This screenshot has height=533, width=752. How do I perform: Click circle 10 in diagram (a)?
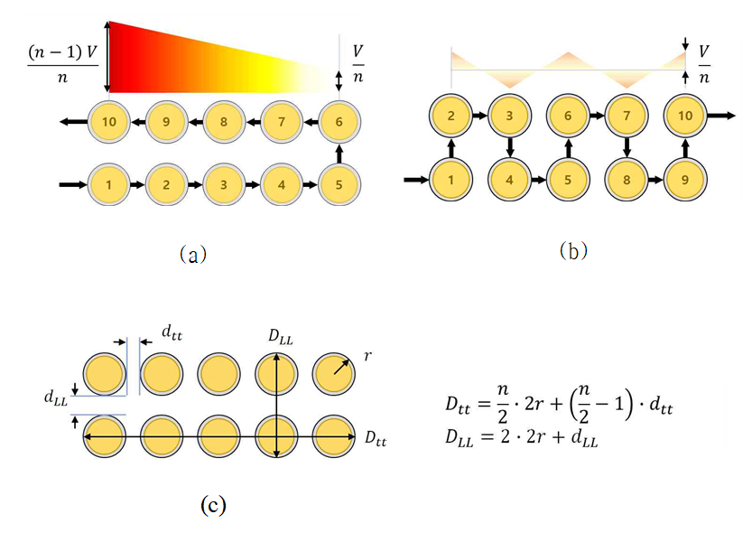pyautogui.click(x=109, y=122)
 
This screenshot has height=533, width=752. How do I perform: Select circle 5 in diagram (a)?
pyautogui.click(x=339, y=184)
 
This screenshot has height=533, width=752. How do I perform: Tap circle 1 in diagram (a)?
pyautogui.click(x=109, y=184)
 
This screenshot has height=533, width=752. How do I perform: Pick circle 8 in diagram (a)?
pyautogui.click(x=224, y=122)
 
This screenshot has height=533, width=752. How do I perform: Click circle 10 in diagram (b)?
pyautogui.click(x=685, y=116)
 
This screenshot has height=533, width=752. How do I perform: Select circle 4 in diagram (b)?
pyautogui.click(x=509, y=180)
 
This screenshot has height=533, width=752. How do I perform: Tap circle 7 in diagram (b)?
pyautogui.click(x=627, y=116)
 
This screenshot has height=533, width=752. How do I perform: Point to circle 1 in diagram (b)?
pyautogui.click(x=450, y=180)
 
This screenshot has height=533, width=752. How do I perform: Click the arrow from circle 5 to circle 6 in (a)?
pyautogui.click(x=339, y=154)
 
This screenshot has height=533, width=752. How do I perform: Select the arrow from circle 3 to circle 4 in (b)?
pyautogui.click(x=510, y=148)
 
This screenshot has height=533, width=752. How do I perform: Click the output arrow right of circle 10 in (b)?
pyautogui.click(x=720, y=115)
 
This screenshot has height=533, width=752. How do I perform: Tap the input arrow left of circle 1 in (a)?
pyautogui.click(x=73, y=184)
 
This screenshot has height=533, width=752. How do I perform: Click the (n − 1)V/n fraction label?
pyautogui.click(x=63, y=64)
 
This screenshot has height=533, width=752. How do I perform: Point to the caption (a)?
pyautogui.click(x=193, y=254)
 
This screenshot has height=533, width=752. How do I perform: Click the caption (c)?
pyautogui.click(x=213, y=505)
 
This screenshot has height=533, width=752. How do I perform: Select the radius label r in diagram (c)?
pyautogui.click(x=367, y=357)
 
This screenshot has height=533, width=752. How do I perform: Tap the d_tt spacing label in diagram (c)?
pyautogui.click(x=172, y=332)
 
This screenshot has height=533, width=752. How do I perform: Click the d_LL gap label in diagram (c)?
pyautogui.click(x=56, y=398)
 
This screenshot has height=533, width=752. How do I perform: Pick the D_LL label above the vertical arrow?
pyautogui.click(x=280, y=337)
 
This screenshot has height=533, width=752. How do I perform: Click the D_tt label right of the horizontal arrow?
pyautogui.click(x=376, y=438)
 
